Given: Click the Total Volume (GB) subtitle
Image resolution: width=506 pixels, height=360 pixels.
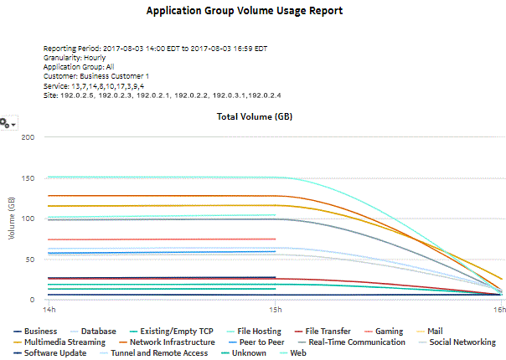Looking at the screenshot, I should [x=256, y=117].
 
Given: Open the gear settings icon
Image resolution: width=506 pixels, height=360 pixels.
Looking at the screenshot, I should [x=8, y=123].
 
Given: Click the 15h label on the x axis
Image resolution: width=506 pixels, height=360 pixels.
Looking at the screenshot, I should [x=276, y=310].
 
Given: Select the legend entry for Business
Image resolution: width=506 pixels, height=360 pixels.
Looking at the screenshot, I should [x=40, y=332].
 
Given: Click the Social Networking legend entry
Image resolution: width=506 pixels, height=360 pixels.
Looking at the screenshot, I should [x=462, y=342].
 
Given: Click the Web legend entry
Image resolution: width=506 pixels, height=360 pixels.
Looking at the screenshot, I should [x=298, y=353].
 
